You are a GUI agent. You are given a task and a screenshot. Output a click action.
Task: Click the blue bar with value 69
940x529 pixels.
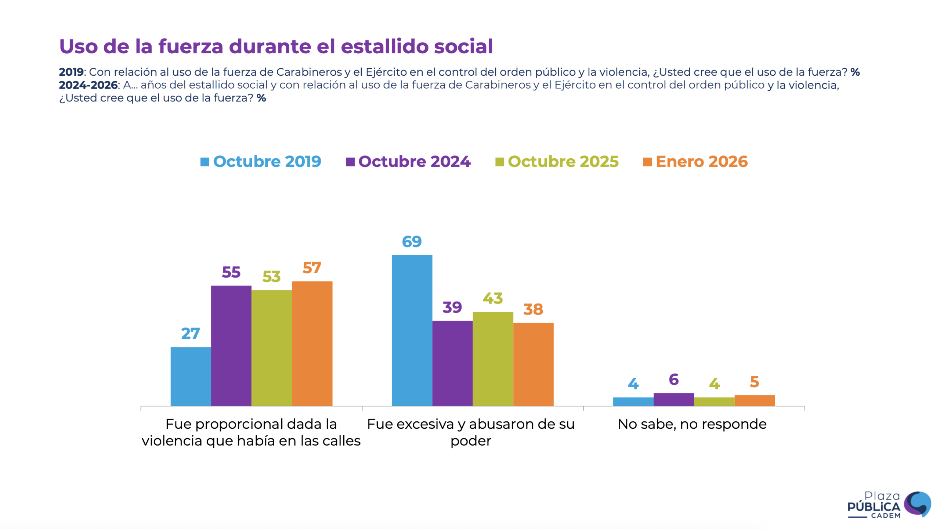pos(412,330)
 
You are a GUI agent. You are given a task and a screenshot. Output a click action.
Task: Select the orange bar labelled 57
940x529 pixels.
pos(312,343)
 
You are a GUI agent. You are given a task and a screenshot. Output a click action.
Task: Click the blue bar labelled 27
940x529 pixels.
pos(191,376)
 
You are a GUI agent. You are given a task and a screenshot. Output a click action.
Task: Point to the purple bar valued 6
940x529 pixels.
pos(673,399)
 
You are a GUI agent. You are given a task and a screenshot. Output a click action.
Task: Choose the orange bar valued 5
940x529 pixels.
pos(754,400)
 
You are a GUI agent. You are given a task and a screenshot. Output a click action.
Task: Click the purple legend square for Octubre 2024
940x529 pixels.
pos(350,162)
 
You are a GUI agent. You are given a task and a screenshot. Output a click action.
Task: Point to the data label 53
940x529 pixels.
pos(271,277)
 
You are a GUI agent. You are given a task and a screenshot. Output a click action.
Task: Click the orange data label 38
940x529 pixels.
pos(533,309)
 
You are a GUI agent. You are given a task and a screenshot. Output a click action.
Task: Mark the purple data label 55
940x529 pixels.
pos(231,272)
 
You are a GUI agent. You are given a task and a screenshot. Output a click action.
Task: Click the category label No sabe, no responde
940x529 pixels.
pos(692,424)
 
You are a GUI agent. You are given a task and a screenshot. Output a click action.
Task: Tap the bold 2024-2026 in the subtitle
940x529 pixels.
pos(88,85)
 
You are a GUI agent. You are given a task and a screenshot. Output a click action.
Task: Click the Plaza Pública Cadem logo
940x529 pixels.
pos(889,505)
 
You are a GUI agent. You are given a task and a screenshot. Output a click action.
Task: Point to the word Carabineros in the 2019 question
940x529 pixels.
pos(309,72)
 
